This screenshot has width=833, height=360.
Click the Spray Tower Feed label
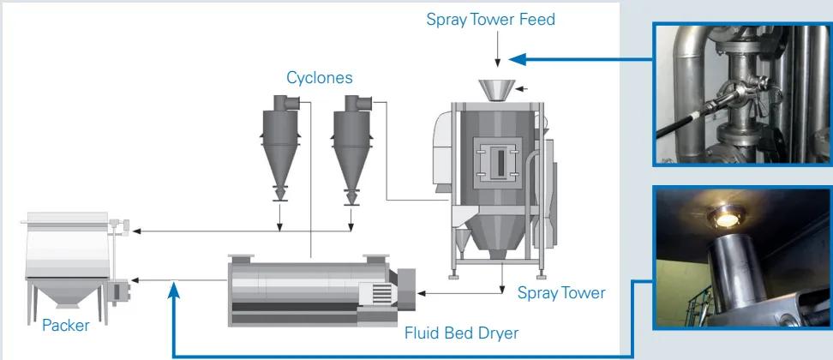tap(490, 19)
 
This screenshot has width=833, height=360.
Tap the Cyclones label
tap(319, 78)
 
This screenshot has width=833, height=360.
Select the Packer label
tap(65, 326)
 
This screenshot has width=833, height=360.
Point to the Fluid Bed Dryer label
tap(461, 333)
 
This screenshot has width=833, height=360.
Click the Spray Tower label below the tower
tap(561, 293)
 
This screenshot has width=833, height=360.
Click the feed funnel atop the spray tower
tap(498, 88)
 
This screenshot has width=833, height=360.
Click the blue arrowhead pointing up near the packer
tap(174, 291)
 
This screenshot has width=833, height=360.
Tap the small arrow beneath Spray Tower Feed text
tap(498, 60)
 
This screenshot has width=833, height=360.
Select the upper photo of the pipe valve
tap(742, 93)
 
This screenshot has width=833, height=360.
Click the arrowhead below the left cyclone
tap(279, 227)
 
